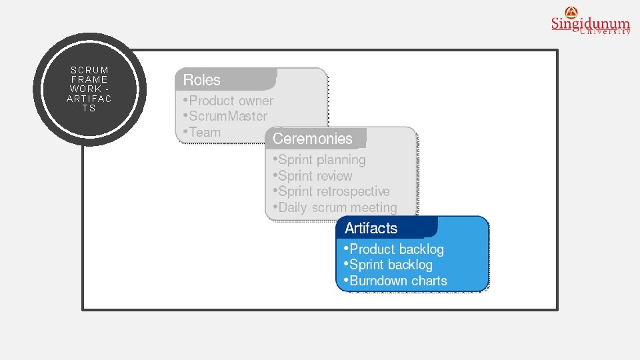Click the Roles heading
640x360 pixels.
point(201,80)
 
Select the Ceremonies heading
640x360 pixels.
point(312,139)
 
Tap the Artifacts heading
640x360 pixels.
point(371,228)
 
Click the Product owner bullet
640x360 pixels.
point(231,101)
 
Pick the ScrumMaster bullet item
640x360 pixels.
point(227,116)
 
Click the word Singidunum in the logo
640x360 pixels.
point(590,24)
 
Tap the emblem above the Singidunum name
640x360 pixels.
point(571,11)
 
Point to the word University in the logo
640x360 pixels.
point(605,31)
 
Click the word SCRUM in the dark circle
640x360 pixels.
point(89,70)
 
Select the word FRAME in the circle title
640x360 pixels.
point(89,79)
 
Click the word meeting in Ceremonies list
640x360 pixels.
point(374,207)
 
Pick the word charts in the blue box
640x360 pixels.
point(429,281)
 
